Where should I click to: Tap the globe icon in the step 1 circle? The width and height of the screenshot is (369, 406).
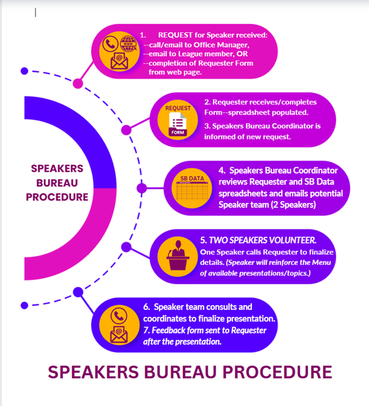(128, 43)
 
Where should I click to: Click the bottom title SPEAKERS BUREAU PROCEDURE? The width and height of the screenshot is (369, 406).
(189, 372)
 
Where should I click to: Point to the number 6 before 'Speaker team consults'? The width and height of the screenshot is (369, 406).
(146, 307)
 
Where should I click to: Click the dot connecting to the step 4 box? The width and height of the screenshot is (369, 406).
(141, 189)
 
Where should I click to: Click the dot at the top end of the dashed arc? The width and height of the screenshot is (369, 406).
(24, 71)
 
